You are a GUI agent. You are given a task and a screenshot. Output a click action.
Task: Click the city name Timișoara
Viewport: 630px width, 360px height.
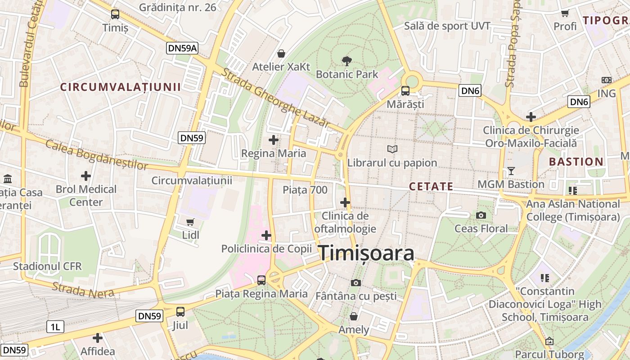366,253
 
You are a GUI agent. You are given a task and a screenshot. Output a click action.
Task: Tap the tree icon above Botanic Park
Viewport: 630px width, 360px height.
346,60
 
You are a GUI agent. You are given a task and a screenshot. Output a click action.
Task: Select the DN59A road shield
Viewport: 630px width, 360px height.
182,49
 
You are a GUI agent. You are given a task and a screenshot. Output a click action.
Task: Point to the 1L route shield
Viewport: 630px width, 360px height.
55,327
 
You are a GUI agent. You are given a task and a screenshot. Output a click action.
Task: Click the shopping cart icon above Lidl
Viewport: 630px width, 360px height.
190,222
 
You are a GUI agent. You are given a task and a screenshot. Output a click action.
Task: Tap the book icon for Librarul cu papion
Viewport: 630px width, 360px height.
392,149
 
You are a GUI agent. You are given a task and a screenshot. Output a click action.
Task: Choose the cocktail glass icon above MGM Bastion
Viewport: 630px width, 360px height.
511,171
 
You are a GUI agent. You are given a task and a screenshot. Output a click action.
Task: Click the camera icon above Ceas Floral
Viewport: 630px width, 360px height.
481,215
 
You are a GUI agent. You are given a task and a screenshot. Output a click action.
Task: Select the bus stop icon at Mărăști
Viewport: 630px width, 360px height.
405,91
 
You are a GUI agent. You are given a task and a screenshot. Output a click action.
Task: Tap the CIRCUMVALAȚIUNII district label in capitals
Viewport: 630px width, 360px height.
121,87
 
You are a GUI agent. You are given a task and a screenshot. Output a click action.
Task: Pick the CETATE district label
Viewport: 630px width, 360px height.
431,186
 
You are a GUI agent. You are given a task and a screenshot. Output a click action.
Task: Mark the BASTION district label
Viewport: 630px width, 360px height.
576,162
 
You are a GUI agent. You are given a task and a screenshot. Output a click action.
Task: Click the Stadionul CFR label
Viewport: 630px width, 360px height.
47,266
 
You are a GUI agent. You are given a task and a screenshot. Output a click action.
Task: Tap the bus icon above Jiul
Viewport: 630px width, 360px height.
180,311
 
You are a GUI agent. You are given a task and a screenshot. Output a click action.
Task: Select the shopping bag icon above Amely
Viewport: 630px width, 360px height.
354,316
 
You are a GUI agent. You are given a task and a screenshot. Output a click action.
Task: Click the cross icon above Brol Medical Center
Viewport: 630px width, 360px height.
85,175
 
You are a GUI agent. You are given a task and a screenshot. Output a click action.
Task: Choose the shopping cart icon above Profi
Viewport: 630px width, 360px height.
565,13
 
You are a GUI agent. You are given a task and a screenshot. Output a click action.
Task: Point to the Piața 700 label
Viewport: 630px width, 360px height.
305,190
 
